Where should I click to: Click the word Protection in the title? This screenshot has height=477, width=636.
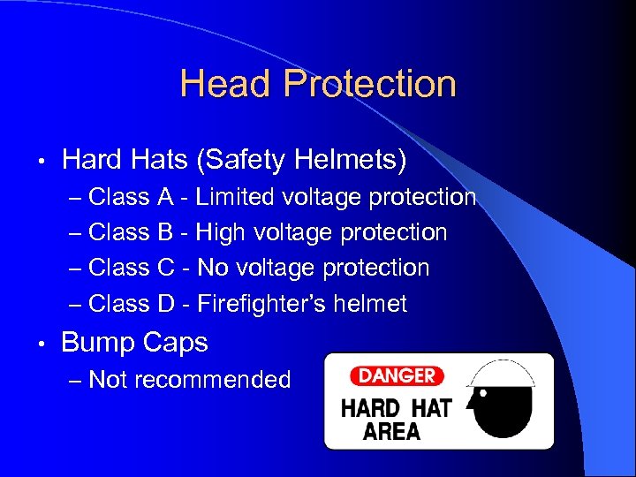pyautogui.click(x=369, y=85)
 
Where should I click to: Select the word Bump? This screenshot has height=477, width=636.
pyautogui.click(x=94, y=343)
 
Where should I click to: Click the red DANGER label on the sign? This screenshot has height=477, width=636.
pyautogui.click(x=397, y=375)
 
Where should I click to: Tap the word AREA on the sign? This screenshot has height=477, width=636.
pyautogui.click(x=392, y=431)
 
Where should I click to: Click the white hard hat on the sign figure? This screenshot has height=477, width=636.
pyautogui.click(x=506, y=375)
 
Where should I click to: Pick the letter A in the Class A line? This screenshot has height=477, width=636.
pyautogui.click(x=165, y=196)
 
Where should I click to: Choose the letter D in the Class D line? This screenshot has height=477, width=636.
pyautogui.click(x=166, y=304)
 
